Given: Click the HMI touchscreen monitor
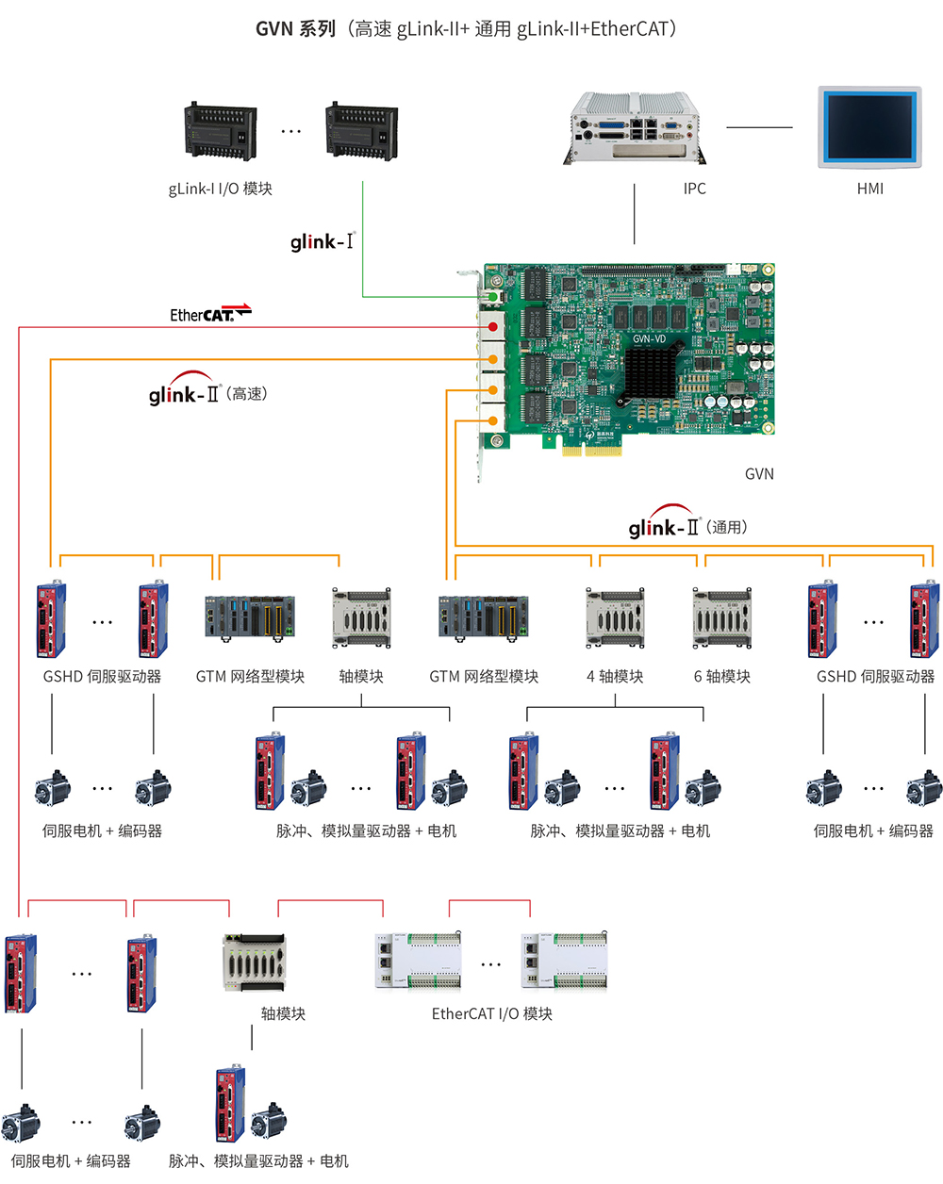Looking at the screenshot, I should (869, 126).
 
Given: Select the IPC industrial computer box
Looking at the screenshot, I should (636, 126).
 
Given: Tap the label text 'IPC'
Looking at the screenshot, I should (694, 189).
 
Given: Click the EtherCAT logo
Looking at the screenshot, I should (209, 313).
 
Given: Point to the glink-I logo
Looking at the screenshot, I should (322, 241).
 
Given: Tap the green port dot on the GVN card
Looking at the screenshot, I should (492, 297).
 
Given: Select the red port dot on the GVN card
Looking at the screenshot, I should (492, 327).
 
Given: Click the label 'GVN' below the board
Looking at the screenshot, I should (759, 474).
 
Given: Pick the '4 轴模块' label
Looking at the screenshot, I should (615, 676).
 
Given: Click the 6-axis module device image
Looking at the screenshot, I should (721, 618).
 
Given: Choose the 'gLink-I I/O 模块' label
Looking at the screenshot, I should (220, 189).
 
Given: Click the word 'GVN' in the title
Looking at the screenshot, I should (274, 29).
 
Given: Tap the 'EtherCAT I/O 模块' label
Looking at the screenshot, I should (491, 1013).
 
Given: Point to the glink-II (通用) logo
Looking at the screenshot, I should (687, 524).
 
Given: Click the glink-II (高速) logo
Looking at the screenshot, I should (207, 390).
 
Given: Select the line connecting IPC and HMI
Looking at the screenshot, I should (759, 127).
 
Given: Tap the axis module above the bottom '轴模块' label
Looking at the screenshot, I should (254, 962).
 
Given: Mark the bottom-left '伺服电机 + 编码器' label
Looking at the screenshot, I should (71, 1161).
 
